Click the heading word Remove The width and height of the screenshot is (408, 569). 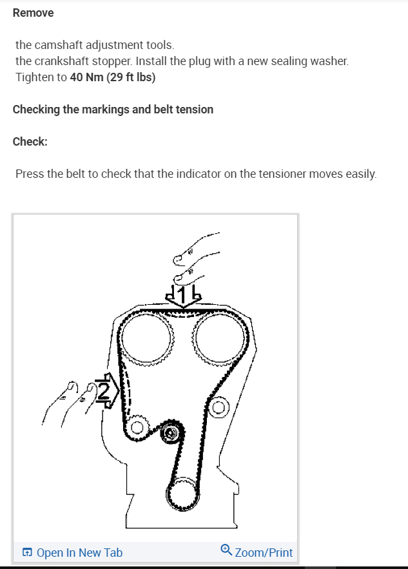coord(33,13)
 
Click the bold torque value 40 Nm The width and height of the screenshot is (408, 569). coord(86,78)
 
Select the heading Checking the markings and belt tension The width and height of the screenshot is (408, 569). coord(113,110)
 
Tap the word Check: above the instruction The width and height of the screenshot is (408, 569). coord(30,142)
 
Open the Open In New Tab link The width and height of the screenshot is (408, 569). coord(79,552)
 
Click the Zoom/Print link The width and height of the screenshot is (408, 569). coord(264,552)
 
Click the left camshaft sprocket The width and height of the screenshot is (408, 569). coord(150,338)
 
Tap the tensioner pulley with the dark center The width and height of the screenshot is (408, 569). coord(171,434)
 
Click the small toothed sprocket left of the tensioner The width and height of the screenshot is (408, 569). coord(136,428)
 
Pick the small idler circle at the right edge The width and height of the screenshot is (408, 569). coord(220,407)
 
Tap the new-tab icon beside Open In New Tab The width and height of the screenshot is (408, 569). coord(27,552)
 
